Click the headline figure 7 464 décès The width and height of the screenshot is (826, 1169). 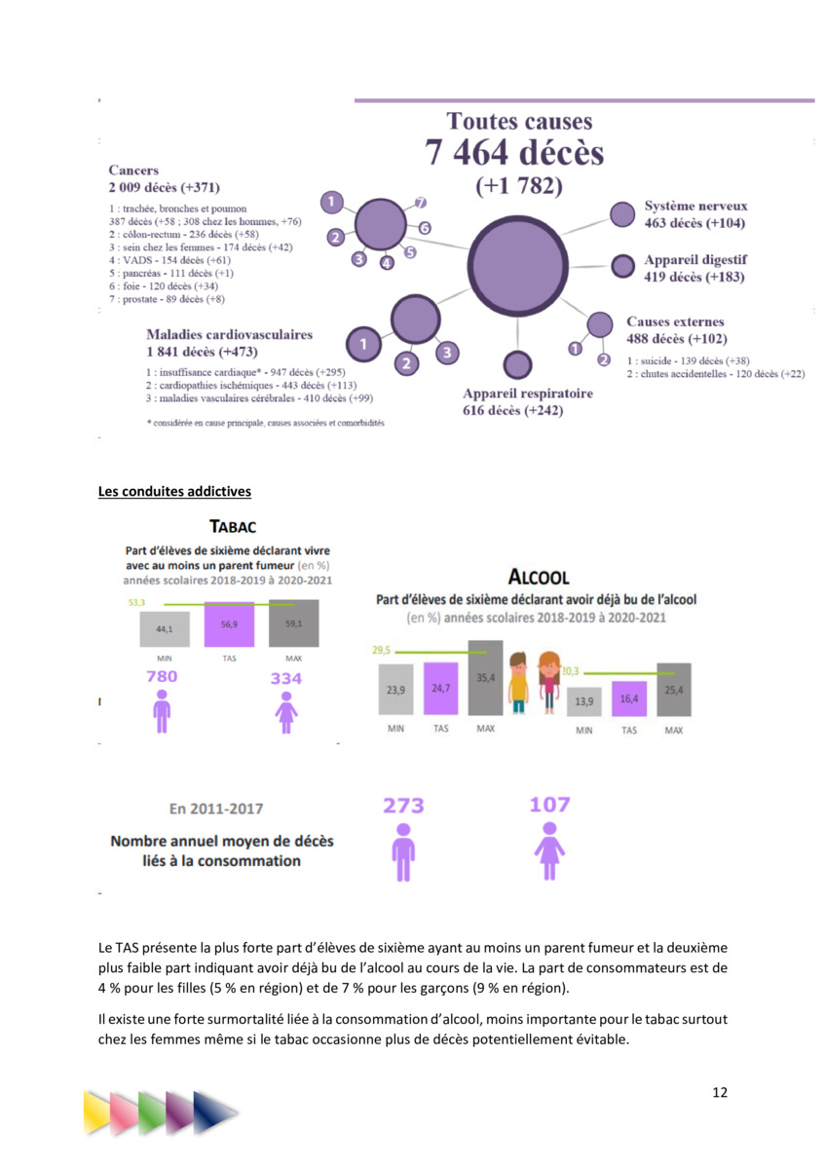pos(514,153)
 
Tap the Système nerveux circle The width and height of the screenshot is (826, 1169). pos(621,215)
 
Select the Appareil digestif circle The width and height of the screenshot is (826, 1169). pos(622,266)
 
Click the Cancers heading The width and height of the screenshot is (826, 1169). pos(133,170)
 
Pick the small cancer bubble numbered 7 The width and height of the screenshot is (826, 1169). pos(421,203)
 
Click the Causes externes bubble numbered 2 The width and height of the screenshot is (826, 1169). pos(603,360)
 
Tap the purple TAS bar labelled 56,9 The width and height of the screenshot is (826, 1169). pos(229,624)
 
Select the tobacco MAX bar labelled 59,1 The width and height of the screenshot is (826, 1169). pos(293,624)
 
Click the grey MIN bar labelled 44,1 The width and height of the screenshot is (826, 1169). pos(164,629)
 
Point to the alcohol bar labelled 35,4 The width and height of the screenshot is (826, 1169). pos(485,678)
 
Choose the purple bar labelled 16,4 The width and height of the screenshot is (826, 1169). pos(629,698)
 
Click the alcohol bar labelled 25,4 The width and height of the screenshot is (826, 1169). pos(674,690)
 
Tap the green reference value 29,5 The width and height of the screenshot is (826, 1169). pos(381,650)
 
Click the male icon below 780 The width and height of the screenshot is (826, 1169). pos(162,711)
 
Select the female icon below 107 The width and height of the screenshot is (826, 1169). pos(549,851)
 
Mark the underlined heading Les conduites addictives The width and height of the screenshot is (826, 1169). pos(174,491)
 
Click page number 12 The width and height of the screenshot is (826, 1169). pos(719,1092)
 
